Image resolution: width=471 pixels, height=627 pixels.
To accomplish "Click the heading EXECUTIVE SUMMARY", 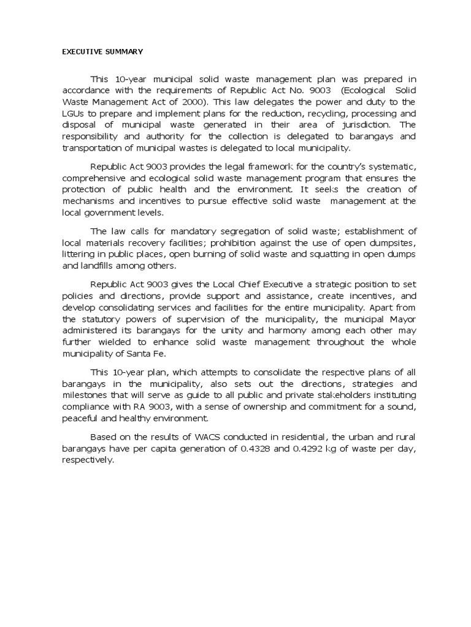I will click(102, 51).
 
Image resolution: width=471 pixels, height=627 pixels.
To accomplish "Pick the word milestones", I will click(88, 395).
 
